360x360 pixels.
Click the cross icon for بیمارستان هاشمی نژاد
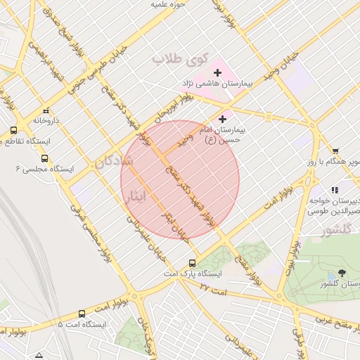217,72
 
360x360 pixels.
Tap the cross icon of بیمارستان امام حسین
224,119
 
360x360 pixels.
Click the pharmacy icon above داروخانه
46,110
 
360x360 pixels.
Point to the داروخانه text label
46,120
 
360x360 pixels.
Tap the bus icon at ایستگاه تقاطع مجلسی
14,131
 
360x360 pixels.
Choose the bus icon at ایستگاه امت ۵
82,314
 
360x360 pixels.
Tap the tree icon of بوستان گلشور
342,273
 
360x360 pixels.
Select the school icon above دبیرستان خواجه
335,190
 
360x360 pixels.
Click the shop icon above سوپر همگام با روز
335,151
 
